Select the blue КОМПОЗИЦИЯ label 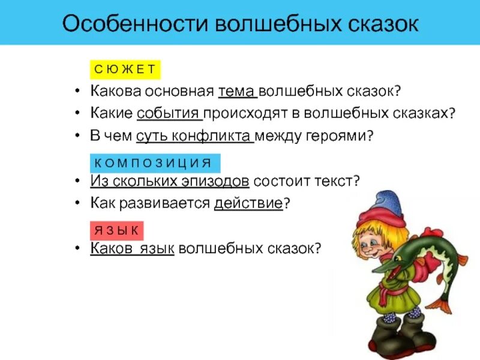coord(155,163)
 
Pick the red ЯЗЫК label coord(116,230)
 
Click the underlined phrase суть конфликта coord(194,136)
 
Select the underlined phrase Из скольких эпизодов coord(170,181)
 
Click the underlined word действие coord(248,203)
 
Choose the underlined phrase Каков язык coord(132,248)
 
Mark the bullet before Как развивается coord(79,203)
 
